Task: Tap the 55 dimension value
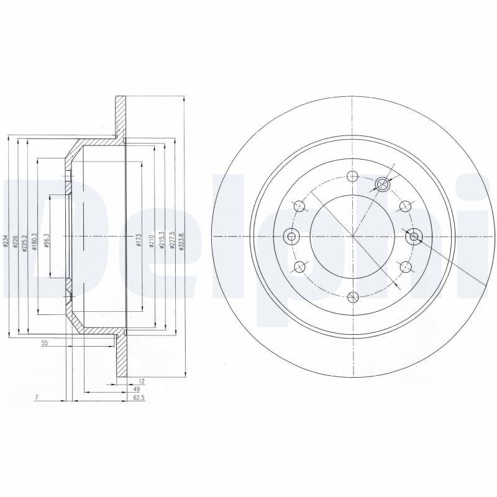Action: [x=45, y=343]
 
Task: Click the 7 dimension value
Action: [x=37, y=397]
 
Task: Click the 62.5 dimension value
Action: [x=139, y=398]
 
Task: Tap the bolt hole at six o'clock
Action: [x=352, y=296]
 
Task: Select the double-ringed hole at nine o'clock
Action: [x=291, y=236]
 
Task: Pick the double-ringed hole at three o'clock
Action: [x=413, y=236]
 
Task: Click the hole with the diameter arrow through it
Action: [x=382, y=183]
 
